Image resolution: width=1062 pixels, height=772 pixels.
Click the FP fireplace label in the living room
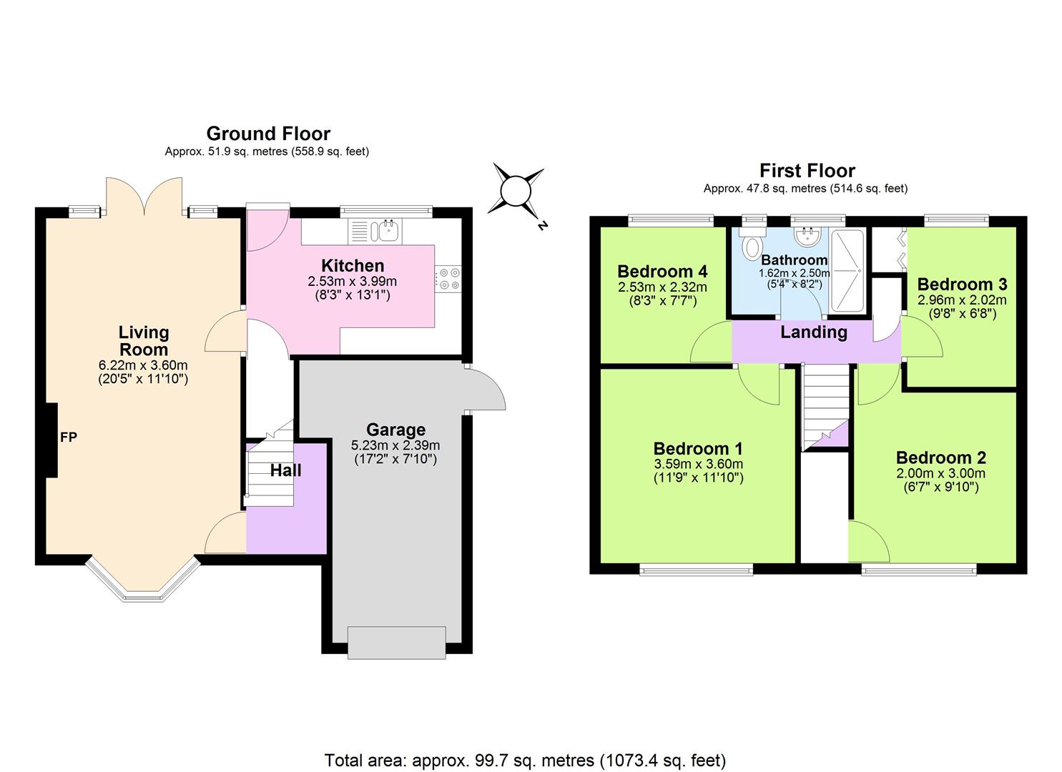click(x=69, y=437)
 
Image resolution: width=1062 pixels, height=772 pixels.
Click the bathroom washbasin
click(x=810, y=237)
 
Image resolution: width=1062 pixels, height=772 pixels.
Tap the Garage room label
click(x=395, y=430)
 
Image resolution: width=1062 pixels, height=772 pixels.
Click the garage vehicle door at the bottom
click(x=396, y=642)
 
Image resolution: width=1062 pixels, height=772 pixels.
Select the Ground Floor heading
click(x=268, y=134)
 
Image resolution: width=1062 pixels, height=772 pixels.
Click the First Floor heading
click(x=807, y=171)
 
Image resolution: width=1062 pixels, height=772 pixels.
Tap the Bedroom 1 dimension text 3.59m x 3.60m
click(x=698, y=464)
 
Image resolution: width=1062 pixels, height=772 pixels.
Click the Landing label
click(x=813, y=332)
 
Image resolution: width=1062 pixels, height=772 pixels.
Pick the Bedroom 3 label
click(x=962, y=284)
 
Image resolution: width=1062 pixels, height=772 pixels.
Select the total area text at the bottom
click(x=525, y=760)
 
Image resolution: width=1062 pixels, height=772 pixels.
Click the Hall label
click(x=285, y=470)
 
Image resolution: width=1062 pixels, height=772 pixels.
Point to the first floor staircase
click(x=824, y=404)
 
